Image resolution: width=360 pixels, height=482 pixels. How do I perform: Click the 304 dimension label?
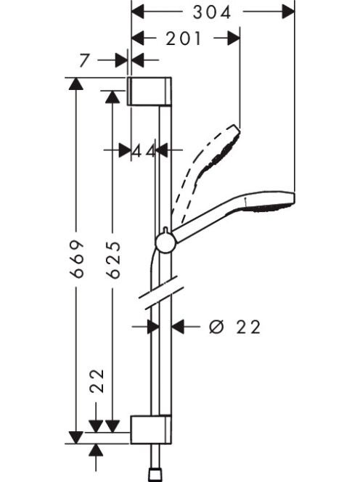tap(212, 12)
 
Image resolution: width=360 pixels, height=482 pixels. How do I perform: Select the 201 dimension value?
tap(184, 38)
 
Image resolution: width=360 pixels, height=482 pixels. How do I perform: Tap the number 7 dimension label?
tap(84, 60)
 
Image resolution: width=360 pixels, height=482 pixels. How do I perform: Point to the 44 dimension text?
tap(144, 151)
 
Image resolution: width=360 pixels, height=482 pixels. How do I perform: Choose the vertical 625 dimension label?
tap(112, 260)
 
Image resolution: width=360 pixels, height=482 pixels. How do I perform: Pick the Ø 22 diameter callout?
tap(235, 327)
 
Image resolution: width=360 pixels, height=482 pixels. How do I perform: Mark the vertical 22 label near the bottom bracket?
tap(97, 381)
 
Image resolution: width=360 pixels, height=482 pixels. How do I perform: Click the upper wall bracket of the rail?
tap(150, 91)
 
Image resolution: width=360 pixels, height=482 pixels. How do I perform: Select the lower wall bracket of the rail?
tap(151, 430)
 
